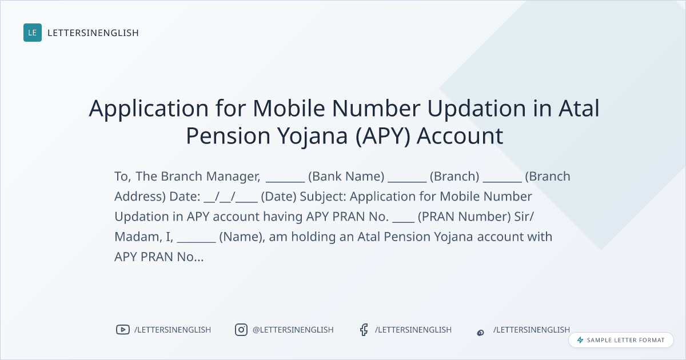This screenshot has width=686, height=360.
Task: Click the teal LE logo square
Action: click(x=33, y=33)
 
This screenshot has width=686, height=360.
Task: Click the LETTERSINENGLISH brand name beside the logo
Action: click(x=93, y=33)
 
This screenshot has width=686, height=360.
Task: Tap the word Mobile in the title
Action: click(x=289, y=108)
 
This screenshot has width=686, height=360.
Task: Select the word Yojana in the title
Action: click(x=312, y=135)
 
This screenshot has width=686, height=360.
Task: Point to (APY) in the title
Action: click(x=383, y=135)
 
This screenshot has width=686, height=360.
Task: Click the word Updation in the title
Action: click(x=477, y=109)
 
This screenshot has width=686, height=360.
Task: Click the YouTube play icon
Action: click(x=123, y=330)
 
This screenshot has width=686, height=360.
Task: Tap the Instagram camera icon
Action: click(x=241, y=330)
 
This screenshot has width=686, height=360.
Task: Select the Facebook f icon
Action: click(x=364, y=330)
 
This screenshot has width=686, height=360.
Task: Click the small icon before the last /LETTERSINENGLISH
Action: click(x=481, y=333)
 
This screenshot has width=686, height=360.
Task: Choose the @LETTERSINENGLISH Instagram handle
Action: click(x=293, y=330)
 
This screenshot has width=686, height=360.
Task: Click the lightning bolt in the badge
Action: click(x=580, y=340)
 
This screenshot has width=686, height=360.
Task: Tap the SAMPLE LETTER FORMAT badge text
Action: click(x=625, y=340)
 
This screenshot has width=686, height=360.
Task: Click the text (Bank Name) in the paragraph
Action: click(x=346, y=177)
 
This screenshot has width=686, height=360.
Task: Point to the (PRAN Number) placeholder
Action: click(x=464, y=217)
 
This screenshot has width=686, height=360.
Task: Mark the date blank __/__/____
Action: click(x=230, y=197)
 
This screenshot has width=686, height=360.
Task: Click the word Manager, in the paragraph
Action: click(x=233, y=177)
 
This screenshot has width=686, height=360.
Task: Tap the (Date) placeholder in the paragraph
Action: click(x=279, y=197)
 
